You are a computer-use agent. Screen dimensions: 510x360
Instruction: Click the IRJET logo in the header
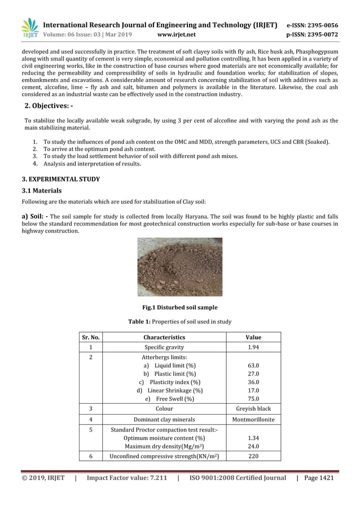(x=29, y=29)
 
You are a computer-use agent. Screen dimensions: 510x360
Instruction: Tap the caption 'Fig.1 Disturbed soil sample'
(x=179, y=308)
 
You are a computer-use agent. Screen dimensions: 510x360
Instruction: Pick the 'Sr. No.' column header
(x=91, y=337)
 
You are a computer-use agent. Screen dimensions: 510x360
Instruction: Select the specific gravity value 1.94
(x=253, y=347)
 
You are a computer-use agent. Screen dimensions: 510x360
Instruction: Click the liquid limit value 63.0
(x=253, y=365)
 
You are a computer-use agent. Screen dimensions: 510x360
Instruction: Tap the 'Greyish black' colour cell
(x=253, y=408)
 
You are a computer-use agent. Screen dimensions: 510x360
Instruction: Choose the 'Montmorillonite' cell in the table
(x=253, y=419)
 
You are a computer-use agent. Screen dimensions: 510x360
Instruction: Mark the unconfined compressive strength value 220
(x=253, y=456)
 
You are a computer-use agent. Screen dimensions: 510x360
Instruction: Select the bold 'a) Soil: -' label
(x=34, y=216)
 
